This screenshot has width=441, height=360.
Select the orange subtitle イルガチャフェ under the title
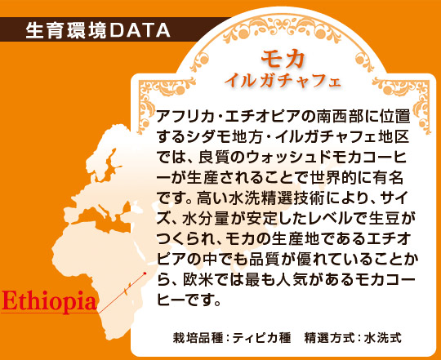283,82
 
